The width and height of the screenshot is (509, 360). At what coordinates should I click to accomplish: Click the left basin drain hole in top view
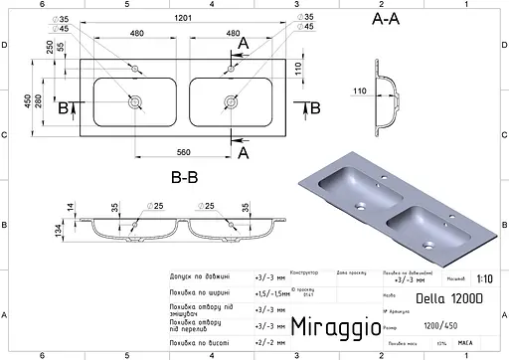pyautogui.click(x=133, y=101)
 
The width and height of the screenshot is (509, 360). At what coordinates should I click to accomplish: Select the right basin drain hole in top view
pyautogui.click(x=232, y=101)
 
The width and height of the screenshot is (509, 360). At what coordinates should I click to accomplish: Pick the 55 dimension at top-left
pyautogui.click(x=60, y=46)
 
